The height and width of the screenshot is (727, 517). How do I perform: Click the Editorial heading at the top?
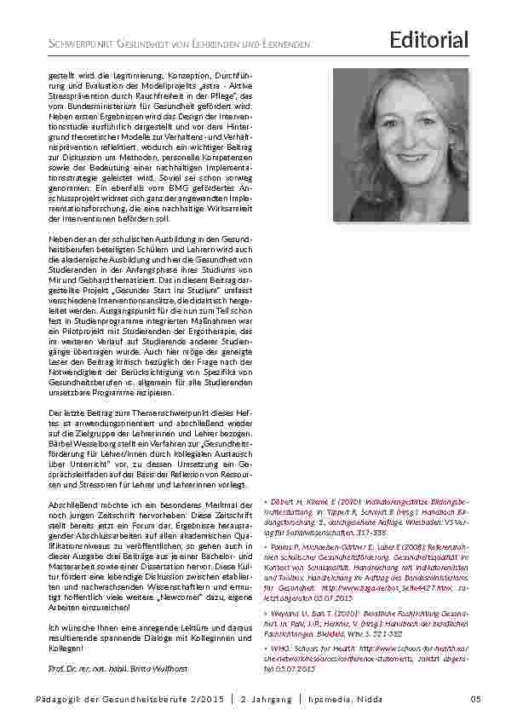coord(429,39)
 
